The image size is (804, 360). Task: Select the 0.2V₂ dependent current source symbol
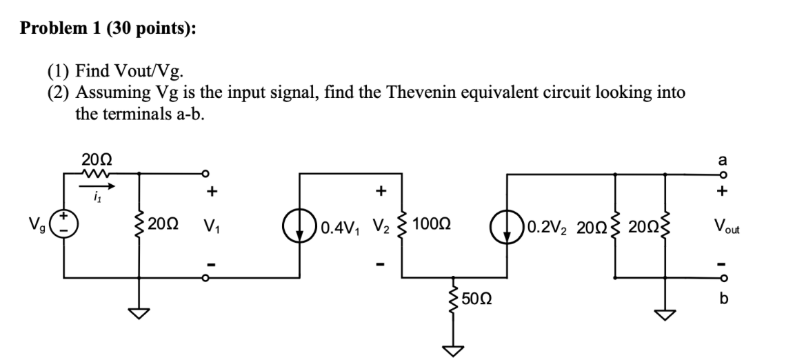point(508,226)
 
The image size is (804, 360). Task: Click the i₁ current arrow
point(97,186)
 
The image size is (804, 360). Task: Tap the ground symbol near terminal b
point(665,314)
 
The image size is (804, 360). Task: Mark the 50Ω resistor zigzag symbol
point(452,298)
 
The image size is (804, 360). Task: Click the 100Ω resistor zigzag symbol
point(403,226)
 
